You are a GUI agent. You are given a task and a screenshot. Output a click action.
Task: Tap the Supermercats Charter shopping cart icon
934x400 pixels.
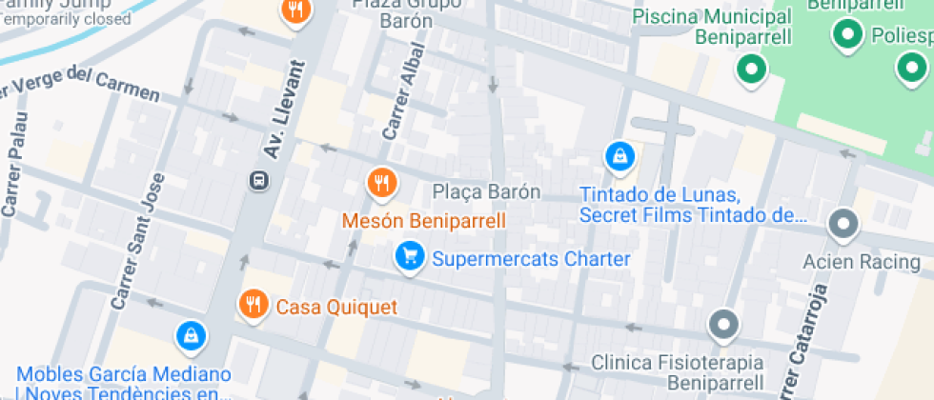(x=410, y=256)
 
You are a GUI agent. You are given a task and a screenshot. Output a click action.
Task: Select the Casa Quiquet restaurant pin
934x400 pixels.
(x=253, y=304)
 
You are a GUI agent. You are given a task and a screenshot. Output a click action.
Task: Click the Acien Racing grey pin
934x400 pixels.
(x=843, y=225)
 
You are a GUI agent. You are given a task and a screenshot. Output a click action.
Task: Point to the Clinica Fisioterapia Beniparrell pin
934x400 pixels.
(x=724, y=325)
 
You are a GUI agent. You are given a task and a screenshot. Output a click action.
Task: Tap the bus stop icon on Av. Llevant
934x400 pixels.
(x=257, y=179)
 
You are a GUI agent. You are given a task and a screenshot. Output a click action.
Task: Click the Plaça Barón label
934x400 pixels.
(x=486, y=191)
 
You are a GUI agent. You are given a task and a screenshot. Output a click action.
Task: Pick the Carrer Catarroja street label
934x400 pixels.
(x=800, y=338)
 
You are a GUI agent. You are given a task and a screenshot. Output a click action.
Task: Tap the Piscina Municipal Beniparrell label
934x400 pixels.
(x=713, y=27)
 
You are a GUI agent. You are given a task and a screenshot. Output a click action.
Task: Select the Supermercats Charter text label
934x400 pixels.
(x=531, y=259)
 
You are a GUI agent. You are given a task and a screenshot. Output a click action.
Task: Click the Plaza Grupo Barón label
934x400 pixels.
(x=407, y=11)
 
